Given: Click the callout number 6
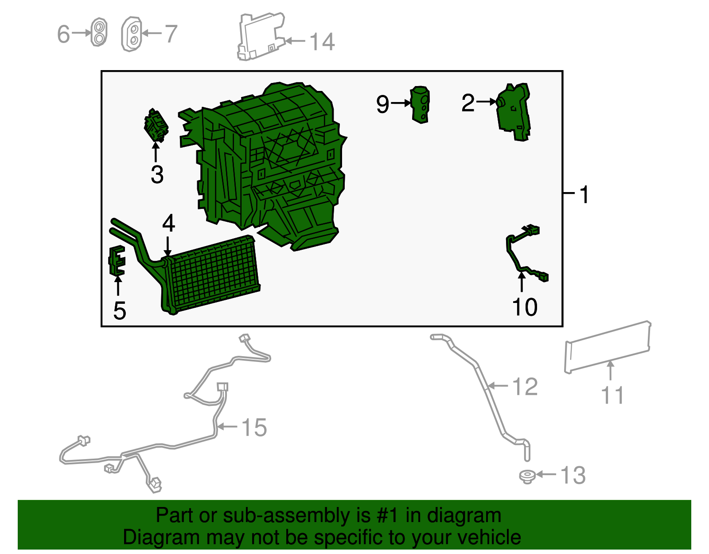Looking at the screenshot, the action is [63, 34].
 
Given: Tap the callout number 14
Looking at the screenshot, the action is [322, 42].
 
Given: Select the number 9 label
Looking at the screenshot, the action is [382, 104].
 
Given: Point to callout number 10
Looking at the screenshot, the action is [524, 307].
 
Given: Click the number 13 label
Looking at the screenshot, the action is [573, 475].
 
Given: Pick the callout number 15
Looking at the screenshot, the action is [254, 427].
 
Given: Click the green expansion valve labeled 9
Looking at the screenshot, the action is [421, 105].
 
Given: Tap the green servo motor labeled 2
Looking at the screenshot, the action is [513, 112].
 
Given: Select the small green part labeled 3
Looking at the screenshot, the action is [156, 126].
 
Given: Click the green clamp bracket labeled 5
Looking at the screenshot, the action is [117, 260].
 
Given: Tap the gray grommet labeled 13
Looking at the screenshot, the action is [527, 477].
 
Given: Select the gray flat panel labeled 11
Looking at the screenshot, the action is [608, 347].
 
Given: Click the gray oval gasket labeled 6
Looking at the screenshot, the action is [99, 32].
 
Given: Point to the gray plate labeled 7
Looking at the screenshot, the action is [132, 34].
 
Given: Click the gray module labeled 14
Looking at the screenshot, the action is [261, 36].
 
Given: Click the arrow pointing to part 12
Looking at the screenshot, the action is [498, 386].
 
